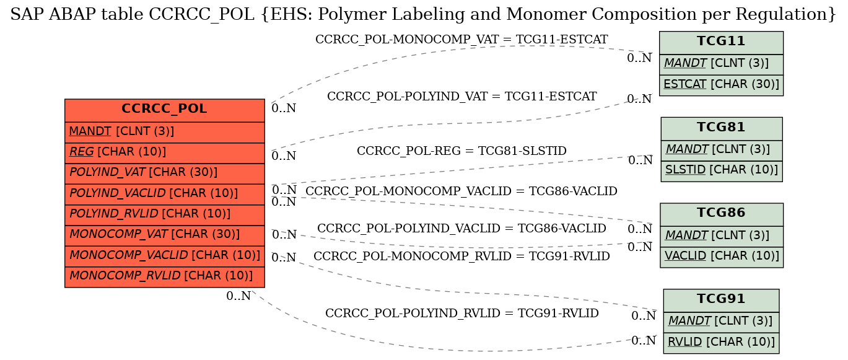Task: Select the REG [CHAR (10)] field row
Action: tap(164, 153)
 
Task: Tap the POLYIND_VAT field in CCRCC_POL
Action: tap(164, 173)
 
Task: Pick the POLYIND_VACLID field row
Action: tap(164, 195)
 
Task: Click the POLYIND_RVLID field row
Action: tap(164, 215)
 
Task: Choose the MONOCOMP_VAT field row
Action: tap(164, 236)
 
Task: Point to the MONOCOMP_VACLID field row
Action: tap(164, 257)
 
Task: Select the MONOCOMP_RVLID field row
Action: tap(164, 277)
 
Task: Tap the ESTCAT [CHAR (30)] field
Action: tap(721, 85)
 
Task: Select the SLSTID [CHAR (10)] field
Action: tap(722, 171)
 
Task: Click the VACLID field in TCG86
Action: tap(722, 257)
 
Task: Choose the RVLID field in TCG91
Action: tap(721, 343)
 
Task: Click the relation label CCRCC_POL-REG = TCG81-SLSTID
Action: tap(461, 151)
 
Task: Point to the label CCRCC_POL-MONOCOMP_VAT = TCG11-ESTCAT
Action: tap(461, 40)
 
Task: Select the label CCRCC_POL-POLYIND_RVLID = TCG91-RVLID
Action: tap(462, 313)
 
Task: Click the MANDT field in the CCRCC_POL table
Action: tap(164, 133)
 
